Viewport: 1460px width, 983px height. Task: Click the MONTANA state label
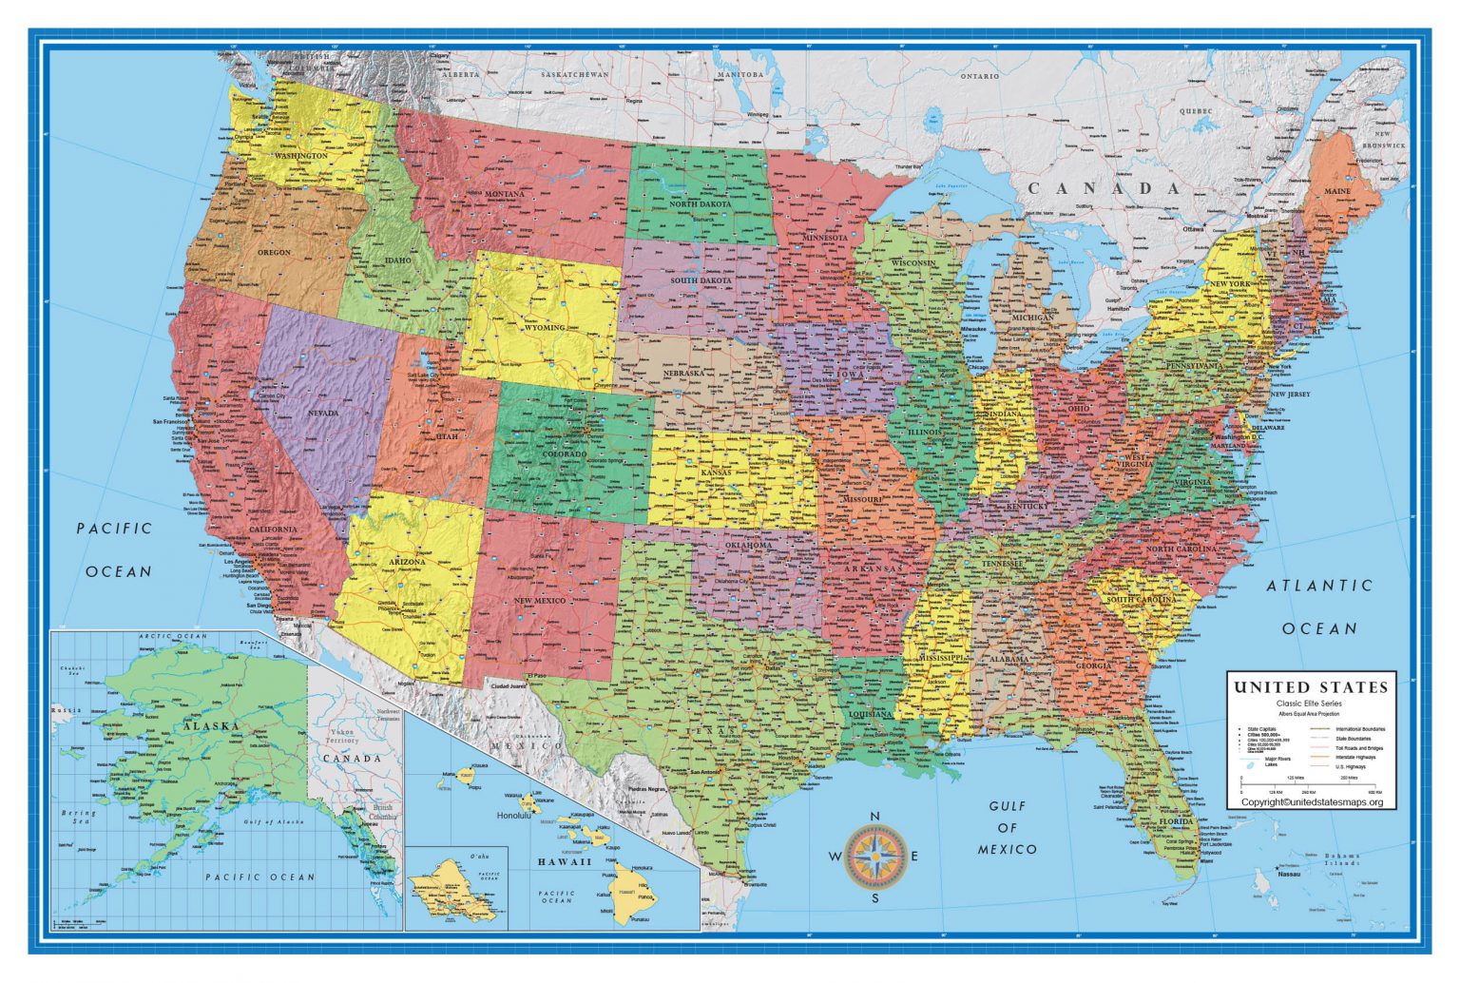(505, 194)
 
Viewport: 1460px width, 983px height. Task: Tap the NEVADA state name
(323, 414)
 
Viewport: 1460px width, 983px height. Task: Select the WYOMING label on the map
(545, 327)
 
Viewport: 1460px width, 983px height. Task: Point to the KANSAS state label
(716, 472)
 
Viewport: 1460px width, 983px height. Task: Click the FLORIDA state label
(1179, 821)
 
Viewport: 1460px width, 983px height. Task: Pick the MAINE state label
(1337, 191)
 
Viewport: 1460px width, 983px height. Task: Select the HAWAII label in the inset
(565, 862)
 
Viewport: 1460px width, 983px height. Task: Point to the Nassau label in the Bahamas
(1289, 874)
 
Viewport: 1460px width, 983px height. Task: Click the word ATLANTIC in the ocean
(1319, 587)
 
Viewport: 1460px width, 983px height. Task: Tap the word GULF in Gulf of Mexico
(1007, 806)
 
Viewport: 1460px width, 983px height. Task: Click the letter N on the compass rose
(875, 817)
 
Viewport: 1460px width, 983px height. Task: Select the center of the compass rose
(875, 856)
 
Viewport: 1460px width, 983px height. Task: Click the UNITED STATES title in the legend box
(1310, 687)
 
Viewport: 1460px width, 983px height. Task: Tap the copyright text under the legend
(1312, 801)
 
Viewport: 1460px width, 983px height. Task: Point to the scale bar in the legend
(1310, 784)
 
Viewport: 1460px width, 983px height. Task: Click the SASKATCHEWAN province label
(574, 74)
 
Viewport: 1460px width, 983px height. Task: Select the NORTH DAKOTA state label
(701, 204)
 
